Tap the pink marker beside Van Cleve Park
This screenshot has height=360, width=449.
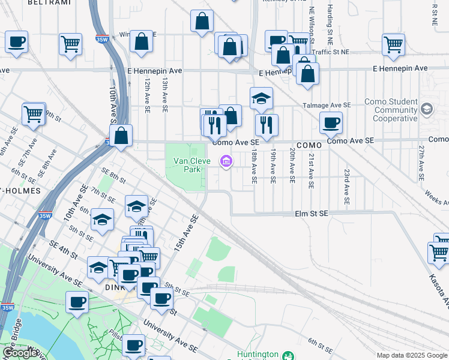pyautogui.click(x=226, y=161)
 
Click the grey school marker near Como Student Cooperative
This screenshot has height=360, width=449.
pyautogui.click(x=427, y=109)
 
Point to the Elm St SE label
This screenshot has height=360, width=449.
pyautogui.click(x=311, y=213)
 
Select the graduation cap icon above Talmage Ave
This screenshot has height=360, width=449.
pyautogui.click(x=261, y=98)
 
